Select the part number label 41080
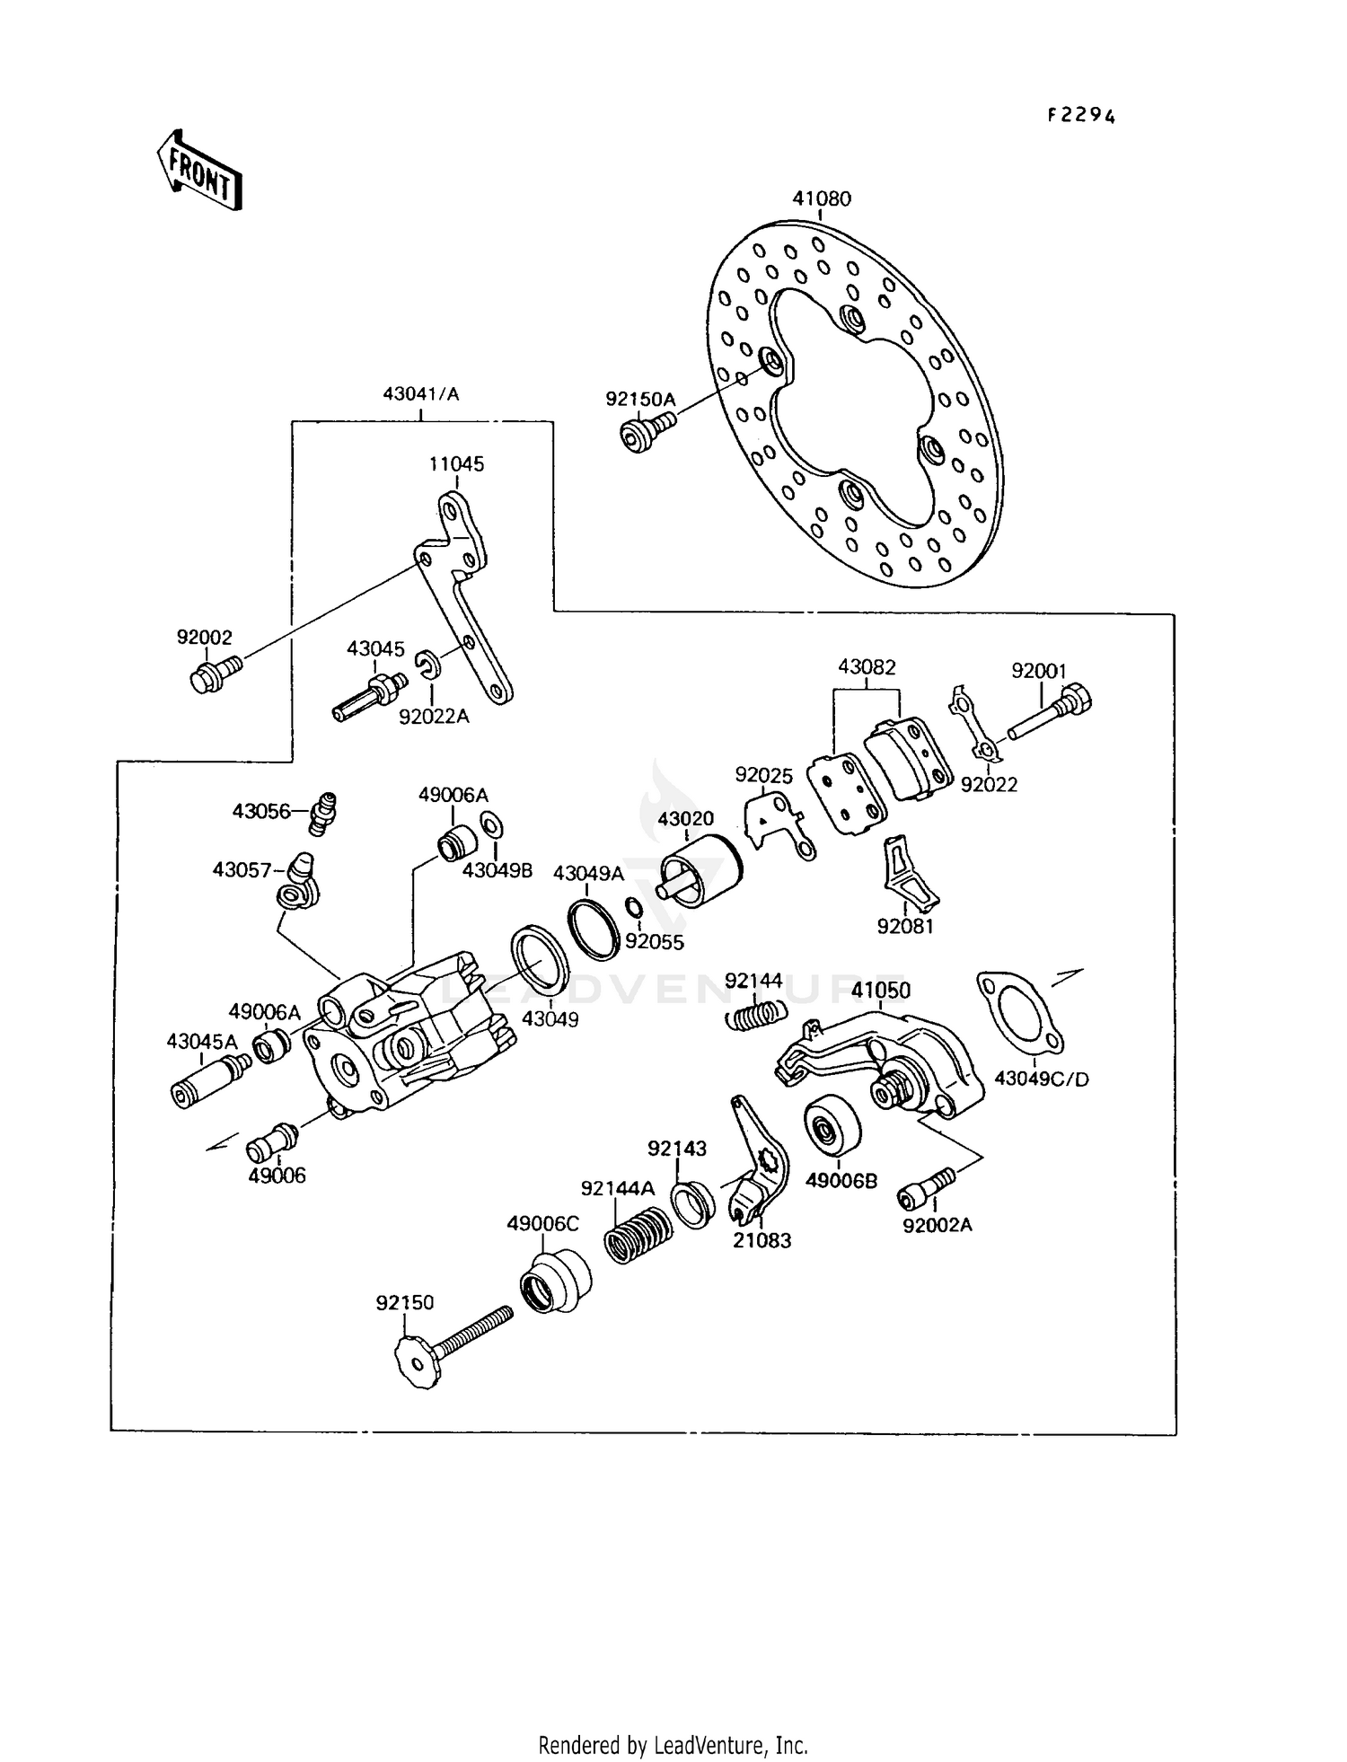pyautogui.click(x=822, y=198)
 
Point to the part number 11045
pyautogui.click(x=456, y=464)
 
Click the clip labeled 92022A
pyautogui.click(x=428, y=665)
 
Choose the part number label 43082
pyautogui.click(x=867, y=667)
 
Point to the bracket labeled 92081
pyautogui.click(x=909, y=874)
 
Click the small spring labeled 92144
pyautogui.click(x=755, y=1016)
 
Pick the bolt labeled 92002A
pyautogui.click(x=927, y=1188)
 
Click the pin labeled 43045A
pyautogui.click(x=208, y=1081)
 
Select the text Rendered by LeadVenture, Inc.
pyautogui.click(x=673, y=1745)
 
